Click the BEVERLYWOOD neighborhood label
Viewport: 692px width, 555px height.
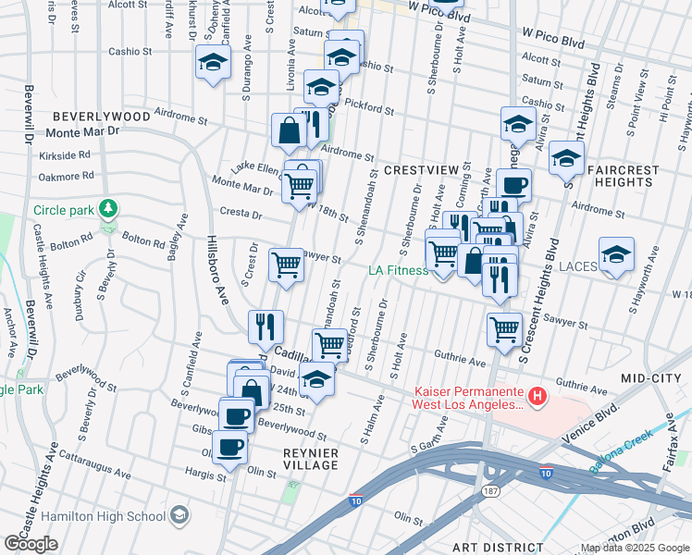pyautogui.click(x=101, y=117)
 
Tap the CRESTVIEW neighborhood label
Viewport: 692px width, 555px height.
pyautogui.click(x=421, y=170)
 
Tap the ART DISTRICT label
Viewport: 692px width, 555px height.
pyautogui.click(x=492, y=548)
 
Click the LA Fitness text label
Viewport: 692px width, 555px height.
pyautogui.click(x=398, y=270)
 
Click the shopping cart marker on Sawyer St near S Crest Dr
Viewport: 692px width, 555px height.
pyautogui.click(x=287, y=265)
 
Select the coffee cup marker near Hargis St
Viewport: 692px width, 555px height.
pyautogui.click(x=229, y=447)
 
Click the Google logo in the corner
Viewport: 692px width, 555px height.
pyautogui.click(x=31, y=544)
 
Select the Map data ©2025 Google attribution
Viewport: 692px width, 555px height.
pyautogui.click(x=634, y=548)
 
